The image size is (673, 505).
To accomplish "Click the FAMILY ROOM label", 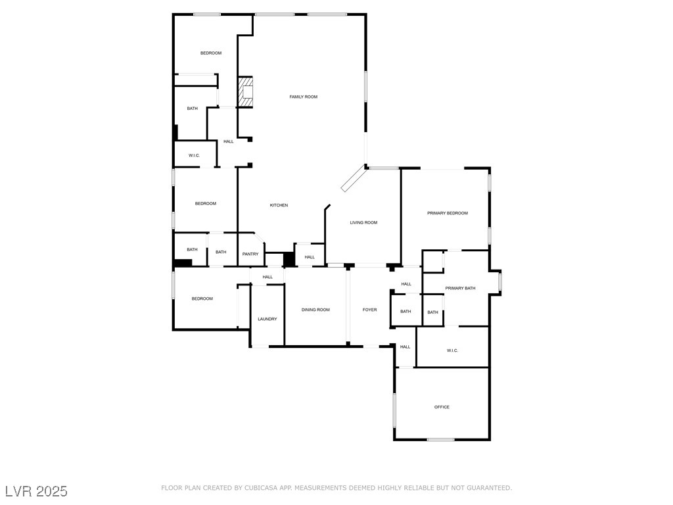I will pyautogui.click(x=303, y=97).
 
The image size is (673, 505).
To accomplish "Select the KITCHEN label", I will pyautogui.click(x=279, y=205).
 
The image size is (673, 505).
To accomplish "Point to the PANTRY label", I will pyautogui.click(x=250, y=254).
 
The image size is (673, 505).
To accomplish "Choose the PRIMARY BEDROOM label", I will pyautogui.click(x=447, y=213).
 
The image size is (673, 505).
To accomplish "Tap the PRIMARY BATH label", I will pyautogui.click(x=460, y=288).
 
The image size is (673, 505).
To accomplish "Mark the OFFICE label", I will pyautogui.click(x=442, y=407).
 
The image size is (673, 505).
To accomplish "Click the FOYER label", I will pyautogui.click(x=370, y=310).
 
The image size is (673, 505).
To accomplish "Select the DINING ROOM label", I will pyautogui.click(x=315, y=310).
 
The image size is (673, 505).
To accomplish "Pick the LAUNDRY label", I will pyautogui.click(x=267, y=319).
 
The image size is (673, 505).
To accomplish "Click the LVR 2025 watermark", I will pyautogui.click(x=36, y=491).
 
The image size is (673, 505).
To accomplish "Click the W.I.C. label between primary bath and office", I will pyautogui.click(x=452, y=350).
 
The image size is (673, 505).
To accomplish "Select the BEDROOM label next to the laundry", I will pyautogui.click(x=202, y=299).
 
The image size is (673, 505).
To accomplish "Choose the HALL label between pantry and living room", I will pyautogui.click(x=310, y=257).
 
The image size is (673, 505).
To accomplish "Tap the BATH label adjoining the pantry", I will pyautogui.click(x=221, y=252).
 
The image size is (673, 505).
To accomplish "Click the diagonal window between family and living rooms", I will pyautogui.click(x=353, y=178).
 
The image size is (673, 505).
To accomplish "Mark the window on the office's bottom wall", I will pyautogui.click(x=440, y=439).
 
